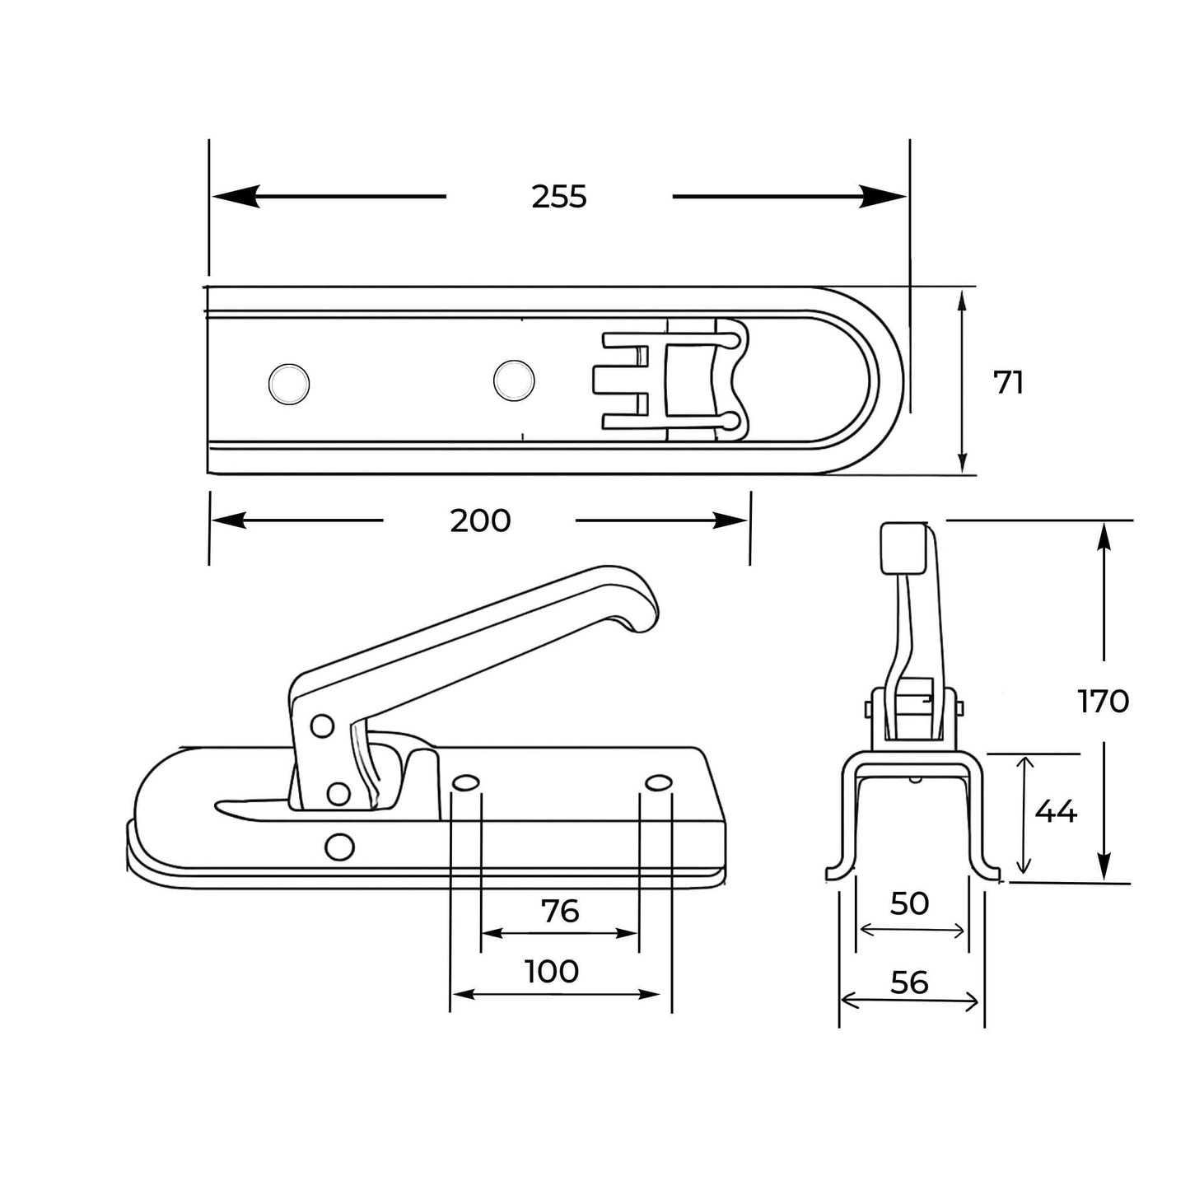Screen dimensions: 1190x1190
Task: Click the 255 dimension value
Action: click(558, 197)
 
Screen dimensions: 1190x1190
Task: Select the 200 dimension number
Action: click(480, 520)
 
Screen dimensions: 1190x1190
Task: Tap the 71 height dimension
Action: click(1009, 383)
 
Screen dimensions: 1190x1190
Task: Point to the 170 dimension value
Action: click(1103, 702)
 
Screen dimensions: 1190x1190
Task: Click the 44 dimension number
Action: click(1055, 812)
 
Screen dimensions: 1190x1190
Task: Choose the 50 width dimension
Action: click(910, 904)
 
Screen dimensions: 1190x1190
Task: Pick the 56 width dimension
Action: click(909, 982)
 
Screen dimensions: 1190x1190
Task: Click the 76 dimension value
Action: click(560, 911)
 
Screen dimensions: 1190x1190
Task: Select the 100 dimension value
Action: click(552, 972)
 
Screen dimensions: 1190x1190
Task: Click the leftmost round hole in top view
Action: click(289, 383)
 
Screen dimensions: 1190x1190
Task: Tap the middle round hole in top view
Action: click(514, 380)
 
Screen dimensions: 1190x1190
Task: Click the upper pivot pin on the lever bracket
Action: click(322, 726)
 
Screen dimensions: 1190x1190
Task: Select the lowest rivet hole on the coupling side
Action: click(339, 846)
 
